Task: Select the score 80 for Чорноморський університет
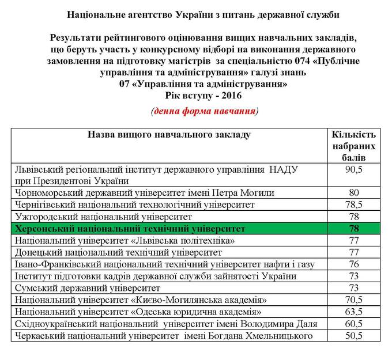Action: tap(354, 192)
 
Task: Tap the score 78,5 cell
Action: tap(354, 204)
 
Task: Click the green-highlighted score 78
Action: tap(354, 228)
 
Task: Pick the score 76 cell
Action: tap(354, 264)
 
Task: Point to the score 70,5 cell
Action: tap(354, 300)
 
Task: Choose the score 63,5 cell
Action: tap(354, 312)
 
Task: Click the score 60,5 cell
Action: tap(354, 324)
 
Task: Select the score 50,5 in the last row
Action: tap(354, 335)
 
